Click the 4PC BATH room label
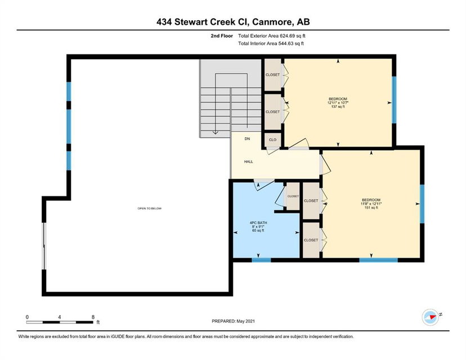[x=258, y=223]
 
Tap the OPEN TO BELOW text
[x=150, y=209]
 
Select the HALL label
[x=248, y=161]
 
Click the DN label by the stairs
[x=247, y=139]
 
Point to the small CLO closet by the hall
[x=272, y=139]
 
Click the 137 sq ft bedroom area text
[x=338, y=107]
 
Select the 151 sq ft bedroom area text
[x=371, y=208]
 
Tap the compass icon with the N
[x=431, y=317]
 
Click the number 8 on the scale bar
[x=93, y=317]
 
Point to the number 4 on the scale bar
[x=60, y=317]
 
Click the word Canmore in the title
[x=273, y=22]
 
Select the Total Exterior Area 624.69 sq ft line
[x=272, y=36]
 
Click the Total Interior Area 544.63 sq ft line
[x=271, y=43]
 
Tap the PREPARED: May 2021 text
[x=234, y=321]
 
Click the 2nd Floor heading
[x=222, y=36]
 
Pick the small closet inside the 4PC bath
[x=293, y=196]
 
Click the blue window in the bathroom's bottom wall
[x=261, y=260]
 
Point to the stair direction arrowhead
[x=216, y=133]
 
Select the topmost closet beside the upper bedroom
[x=272, y=75]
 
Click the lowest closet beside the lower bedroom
[x=311, y=240]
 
